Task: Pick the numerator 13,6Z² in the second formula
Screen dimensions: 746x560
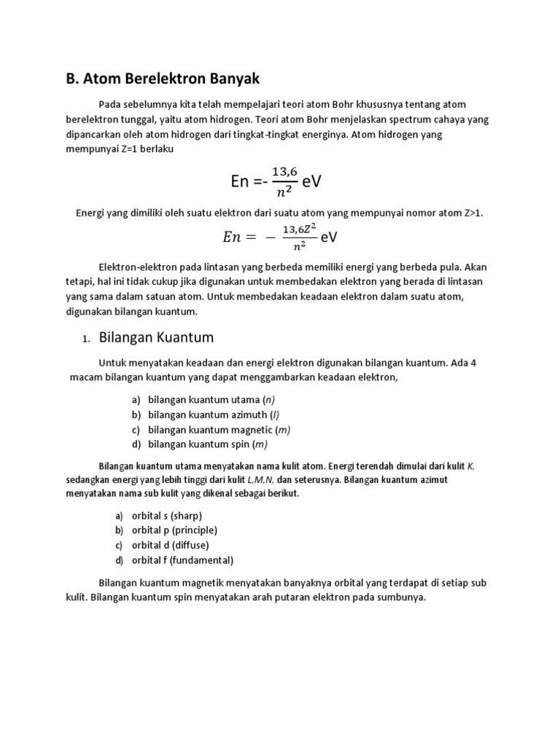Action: point(299,229)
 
